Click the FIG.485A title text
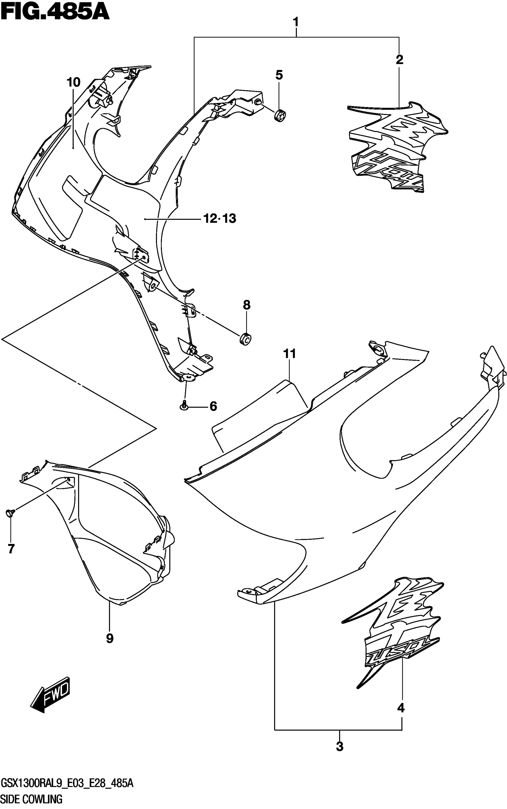coord(55,13)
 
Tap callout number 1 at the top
coord(296,23)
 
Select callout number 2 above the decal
coord(399,60)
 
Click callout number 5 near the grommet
coord(279,75)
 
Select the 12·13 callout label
coord(220,219)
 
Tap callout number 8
coord(246,305)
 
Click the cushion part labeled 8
coord(246,339)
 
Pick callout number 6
coord(213,407)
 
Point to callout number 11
coord(290,354)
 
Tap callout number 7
coord(11,549)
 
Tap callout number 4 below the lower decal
coord(401,708)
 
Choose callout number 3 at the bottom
coord(340,747)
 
